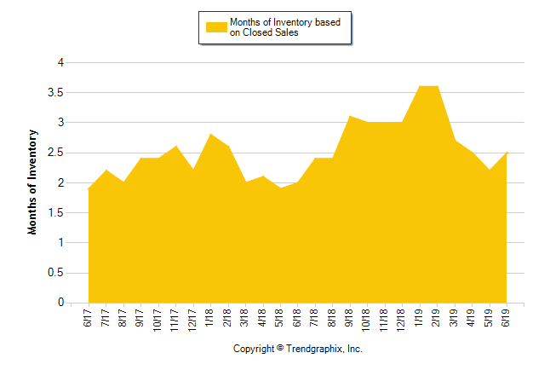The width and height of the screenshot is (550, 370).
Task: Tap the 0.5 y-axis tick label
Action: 54,273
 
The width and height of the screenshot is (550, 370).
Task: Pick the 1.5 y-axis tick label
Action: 54,212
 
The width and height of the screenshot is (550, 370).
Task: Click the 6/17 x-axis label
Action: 89,319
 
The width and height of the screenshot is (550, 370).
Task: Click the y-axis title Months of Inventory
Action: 33,182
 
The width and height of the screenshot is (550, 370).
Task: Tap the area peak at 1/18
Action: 210,135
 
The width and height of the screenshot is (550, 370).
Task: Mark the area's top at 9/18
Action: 350,117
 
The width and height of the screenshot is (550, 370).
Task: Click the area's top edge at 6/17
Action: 89,188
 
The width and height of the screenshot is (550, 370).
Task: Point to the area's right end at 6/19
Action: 507,153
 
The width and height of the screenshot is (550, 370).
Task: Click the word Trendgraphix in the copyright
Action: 312,349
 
